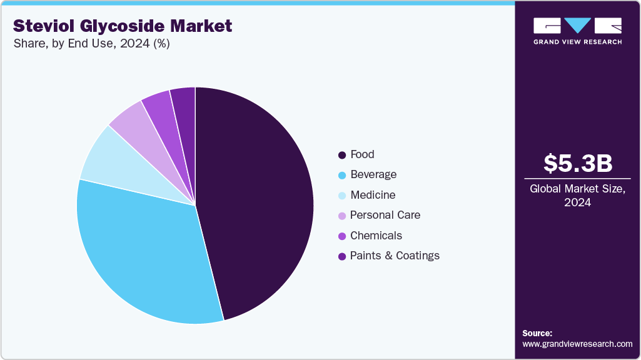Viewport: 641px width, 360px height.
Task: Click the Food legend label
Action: click(362, 154)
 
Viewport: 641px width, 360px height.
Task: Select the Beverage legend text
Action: click(373, 174)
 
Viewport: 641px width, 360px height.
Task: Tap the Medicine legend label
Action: click(373, 195)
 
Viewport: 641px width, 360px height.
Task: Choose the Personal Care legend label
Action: click(385, 215)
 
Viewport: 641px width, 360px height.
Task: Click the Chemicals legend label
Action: click(376, 236)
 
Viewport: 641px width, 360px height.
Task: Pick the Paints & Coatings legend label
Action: click(395, 256)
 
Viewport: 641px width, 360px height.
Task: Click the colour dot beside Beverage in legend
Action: click(341, 175)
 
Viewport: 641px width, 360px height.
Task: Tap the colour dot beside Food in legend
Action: click(341, 155)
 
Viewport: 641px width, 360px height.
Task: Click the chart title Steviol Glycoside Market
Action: click(123, 26)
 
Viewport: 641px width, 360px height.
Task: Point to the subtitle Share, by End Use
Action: click(91, 44)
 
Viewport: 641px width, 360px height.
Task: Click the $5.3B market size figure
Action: click(577, 163)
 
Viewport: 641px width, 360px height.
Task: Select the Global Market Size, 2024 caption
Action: click(577, 195)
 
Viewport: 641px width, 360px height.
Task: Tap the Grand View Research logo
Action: click(577, 31)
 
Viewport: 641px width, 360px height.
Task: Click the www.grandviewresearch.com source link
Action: click(577, 344)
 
